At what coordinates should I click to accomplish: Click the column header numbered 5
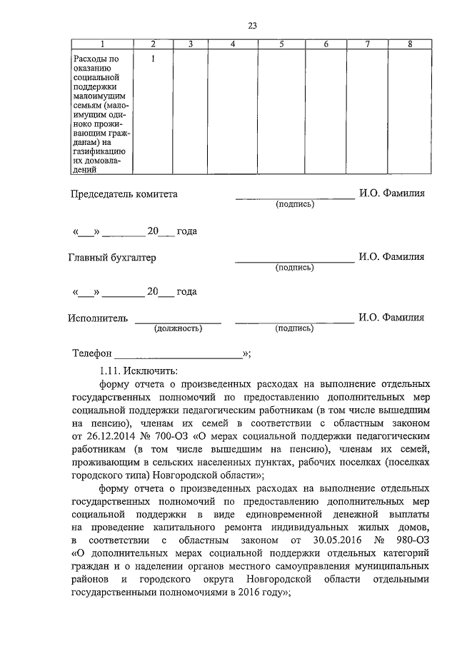(281, 45)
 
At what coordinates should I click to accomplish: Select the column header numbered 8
(409, 45)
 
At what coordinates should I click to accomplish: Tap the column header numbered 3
(191, 45)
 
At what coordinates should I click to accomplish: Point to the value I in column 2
(153, 59)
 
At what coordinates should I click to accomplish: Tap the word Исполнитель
(99, 318)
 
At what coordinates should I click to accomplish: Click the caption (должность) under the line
(178, 328)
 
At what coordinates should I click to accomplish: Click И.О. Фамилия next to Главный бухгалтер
(391, 257)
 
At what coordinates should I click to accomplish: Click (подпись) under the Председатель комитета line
(294, 204)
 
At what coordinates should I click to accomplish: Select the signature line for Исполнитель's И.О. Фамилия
(294, 323)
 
